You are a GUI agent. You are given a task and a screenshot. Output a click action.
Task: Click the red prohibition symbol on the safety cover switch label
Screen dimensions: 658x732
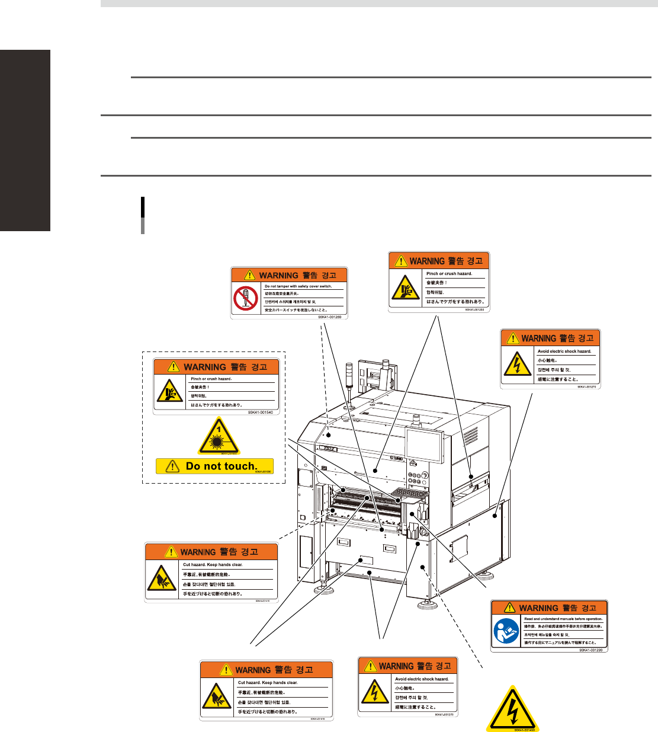246,298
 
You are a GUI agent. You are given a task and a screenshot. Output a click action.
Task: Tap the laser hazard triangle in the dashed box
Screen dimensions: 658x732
219,437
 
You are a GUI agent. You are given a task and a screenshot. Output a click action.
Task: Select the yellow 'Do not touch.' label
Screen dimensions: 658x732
214,466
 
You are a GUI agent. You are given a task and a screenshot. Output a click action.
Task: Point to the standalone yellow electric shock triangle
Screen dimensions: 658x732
512,709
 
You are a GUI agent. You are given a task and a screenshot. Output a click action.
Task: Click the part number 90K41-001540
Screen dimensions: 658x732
261,412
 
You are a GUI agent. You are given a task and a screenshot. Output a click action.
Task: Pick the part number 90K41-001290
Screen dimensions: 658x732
590,650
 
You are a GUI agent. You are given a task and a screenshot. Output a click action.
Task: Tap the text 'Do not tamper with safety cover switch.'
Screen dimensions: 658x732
298,286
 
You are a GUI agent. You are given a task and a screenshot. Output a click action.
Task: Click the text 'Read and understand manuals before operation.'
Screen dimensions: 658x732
563,619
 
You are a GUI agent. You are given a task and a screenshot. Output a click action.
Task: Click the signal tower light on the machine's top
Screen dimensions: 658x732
349,376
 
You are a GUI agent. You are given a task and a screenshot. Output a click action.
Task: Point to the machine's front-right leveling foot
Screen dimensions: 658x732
426,605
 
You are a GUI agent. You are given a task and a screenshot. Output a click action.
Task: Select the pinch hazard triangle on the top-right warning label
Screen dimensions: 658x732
405,288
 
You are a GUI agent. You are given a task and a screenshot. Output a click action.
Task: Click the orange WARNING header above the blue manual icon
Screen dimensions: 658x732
549,608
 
